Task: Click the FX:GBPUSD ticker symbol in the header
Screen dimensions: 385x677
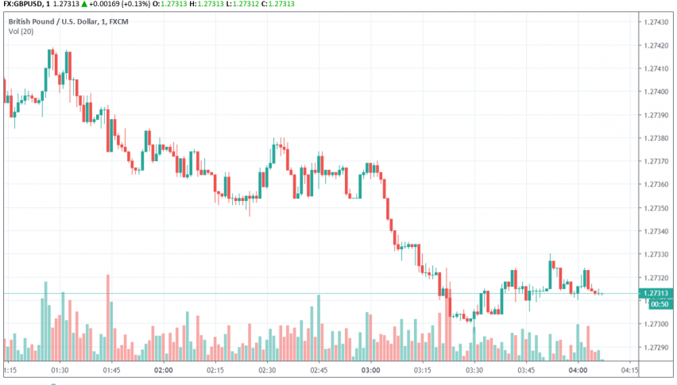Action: [x=25, y=4]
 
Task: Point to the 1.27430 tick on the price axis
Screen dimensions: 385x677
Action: [x=659, y=21]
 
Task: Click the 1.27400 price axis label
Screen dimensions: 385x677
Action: [x=659, y=92]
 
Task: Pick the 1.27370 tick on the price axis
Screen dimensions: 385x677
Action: [x=659, y=161]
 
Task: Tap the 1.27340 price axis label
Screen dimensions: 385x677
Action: [x=659, y=231]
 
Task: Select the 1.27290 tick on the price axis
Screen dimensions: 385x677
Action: [x=659, y=348]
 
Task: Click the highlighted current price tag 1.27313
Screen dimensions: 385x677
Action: [x=659, y=293]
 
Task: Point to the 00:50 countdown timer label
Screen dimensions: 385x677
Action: [x=659, y=304]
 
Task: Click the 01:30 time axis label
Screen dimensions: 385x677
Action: [x=60, y=370]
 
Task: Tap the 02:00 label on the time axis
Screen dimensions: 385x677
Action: [x=164, y=370]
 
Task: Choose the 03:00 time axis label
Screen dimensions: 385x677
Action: [x=371, y=370]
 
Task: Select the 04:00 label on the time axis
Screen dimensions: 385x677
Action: [x=578, y=370]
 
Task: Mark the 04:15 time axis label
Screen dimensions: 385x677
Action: [x=630, y=370]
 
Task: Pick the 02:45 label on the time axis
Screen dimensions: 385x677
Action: [x=319, y=370]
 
